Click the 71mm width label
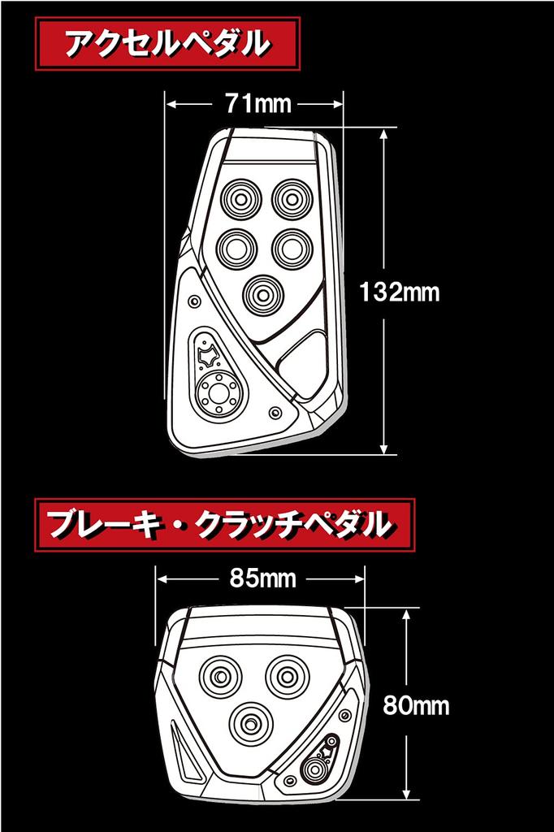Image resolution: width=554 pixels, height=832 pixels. [254, 104]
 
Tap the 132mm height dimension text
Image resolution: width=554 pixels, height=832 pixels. [399, 292]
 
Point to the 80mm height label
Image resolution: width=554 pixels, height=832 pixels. [415, 704]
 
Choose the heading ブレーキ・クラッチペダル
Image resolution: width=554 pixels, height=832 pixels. [218, 525]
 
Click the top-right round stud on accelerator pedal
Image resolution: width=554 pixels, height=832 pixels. [292, 197]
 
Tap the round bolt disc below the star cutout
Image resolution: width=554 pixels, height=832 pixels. [219, 393]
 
